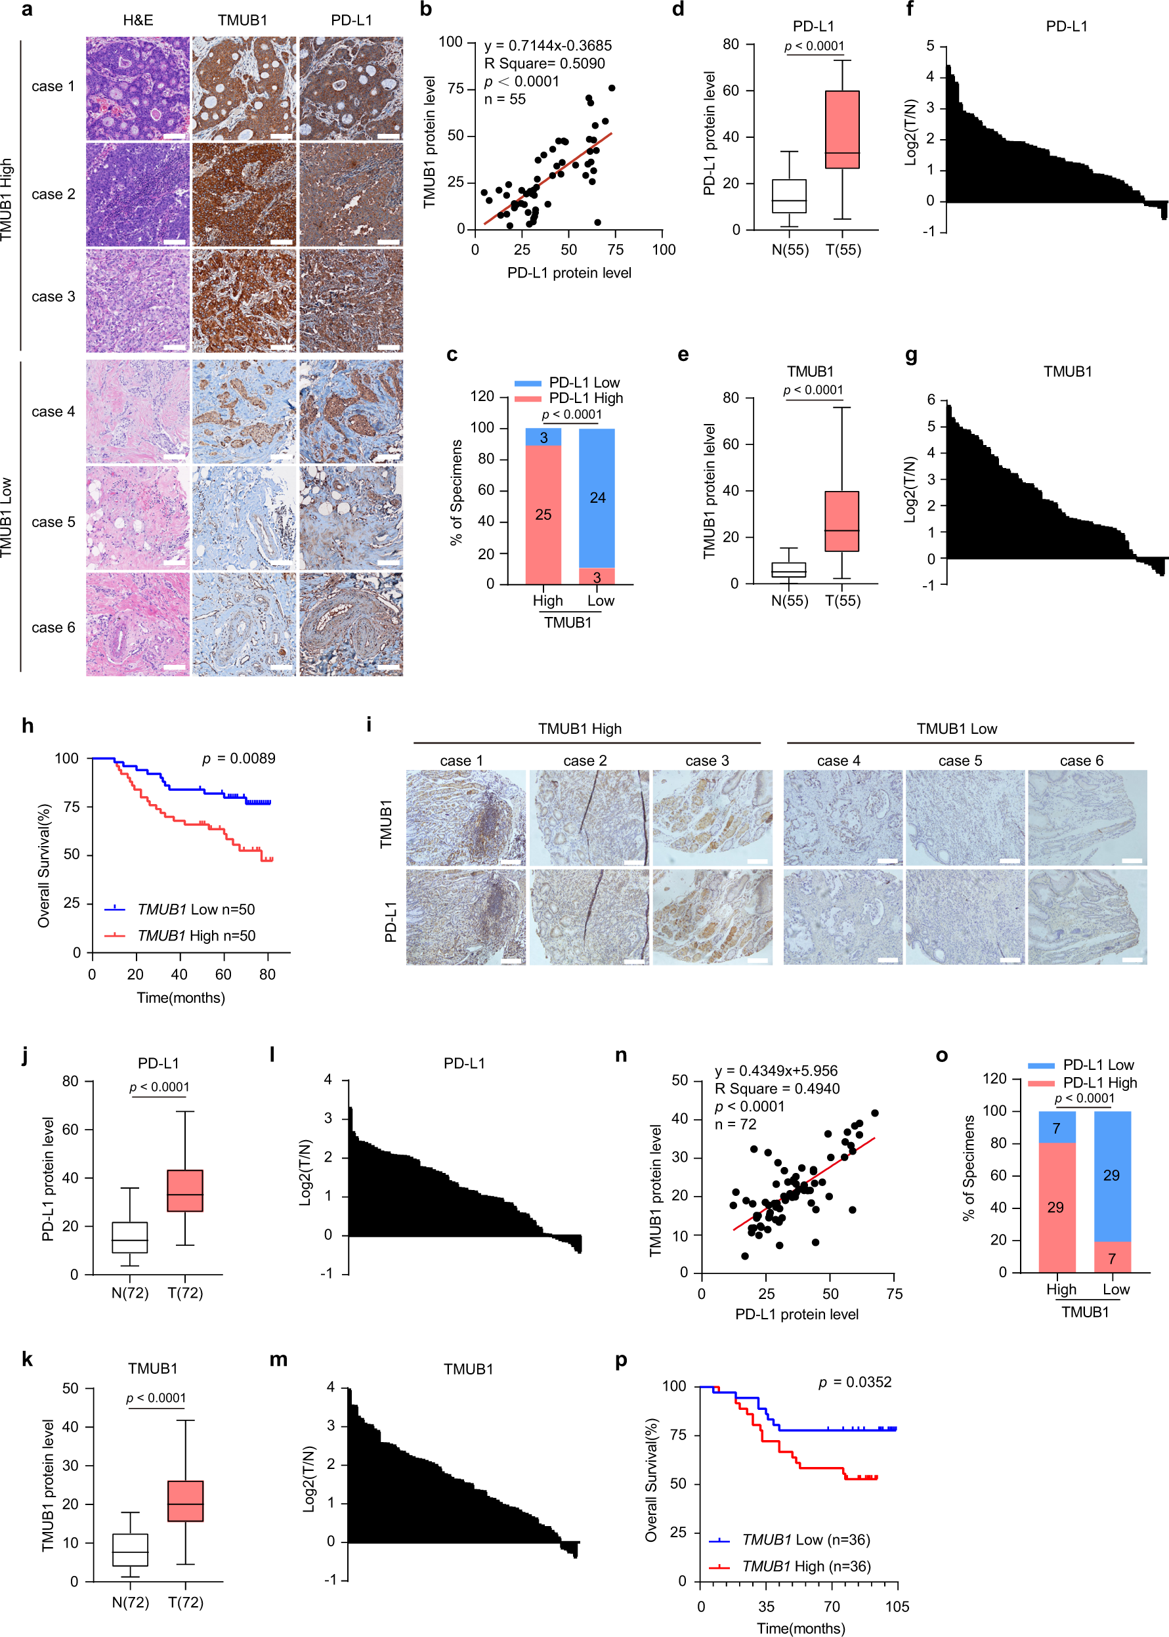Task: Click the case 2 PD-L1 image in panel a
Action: (x=351, y=194)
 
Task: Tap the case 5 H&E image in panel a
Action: (x=137, y=518)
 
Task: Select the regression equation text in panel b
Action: (x=548, y=45)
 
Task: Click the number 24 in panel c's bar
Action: (x=597, y=498)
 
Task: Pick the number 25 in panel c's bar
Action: (x=543, y=515)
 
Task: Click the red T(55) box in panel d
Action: (x=842, y=129)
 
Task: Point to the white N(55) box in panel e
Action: (x=789, y=570)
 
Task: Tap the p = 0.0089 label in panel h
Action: (x=238, y=758)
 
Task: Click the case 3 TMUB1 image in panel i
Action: (x=712, y=817)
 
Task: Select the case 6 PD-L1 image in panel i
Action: (x=1087, y=916)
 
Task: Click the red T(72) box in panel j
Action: (x=185, y=1191)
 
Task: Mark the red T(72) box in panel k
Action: (x=185, y=1501)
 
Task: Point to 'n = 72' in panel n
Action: (x=735, y=1124)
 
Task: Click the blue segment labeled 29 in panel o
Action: (x=1112, y=1176)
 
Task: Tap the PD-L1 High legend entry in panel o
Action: (x=1099, y=1083)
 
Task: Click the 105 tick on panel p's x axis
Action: (x=897, y=1607)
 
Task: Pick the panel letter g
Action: (x=911, y=355)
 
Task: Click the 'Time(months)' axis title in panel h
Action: (x=181, y=998)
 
